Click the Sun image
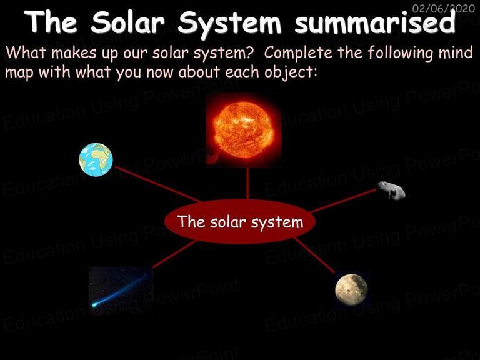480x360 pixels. pyautogui.click(x=244, y=129)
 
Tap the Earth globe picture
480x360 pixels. pyautogui.click(x=96, y=159)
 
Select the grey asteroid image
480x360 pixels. pyautogui.click(x=391, y=190)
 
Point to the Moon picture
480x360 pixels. pyautogui.click(x=351, y=289)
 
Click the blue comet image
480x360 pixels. pyautogui.click(x=121, y=291)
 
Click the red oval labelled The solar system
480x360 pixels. pyautogui.click(x=240, y=221)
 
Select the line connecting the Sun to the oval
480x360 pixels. pyautogui.click(x=247, y=183)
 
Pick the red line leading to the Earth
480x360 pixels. pyautogui.click(x=157, y=184)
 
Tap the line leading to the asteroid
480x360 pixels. pyautogui.click(x=343, y=201)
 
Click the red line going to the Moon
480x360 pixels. pyautogui.click(x=314, y=255)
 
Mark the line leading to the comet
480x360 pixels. pyautogui.click(x=174, y=254)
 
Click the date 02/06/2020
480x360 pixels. pyautogui.click(x=443, y=8)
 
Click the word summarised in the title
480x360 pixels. pyautogui.click(x=375, y=22)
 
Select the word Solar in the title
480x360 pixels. pyautogui.click(x=127, y=22)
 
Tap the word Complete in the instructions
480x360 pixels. pyautogui.click(x=298, y=52)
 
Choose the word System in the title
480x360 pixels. pyautogui.click(x=229, y=23)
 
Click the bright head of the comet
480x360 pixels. pyautogui.click(x=94, y=304)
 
